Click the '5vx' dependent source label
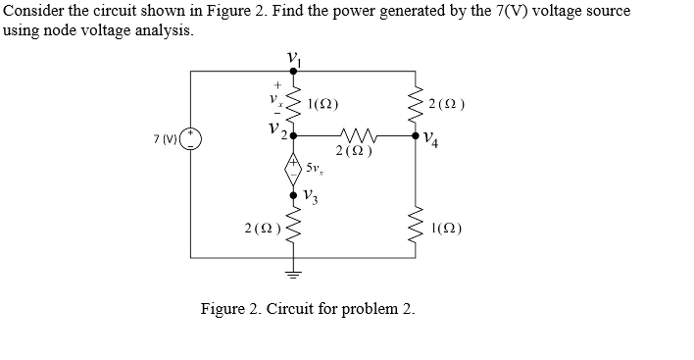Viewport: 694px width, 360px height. (x=315, y=169)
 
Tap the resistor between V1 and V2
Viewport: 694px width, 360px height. (x=292, y=103)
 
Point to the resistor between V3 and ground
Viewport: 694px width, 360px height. (x=292, y=230)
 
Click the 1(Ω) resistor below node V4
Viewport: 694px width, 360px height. (x=412, y=230)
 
